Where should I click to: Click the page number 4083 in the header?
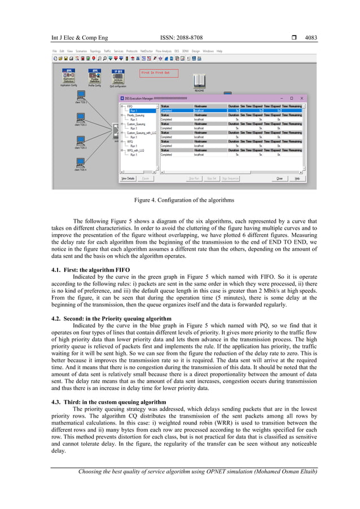[x=311, y=38]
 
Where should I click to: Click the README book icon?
[x=199, y=80]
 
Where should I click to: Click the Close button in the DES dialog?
[x=279, y=178]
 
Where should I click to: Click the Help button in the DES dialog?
[x=297, y=178]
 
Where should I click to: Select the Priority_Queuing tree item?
[x=137, y=115]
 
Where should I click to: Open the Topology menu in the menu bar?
[x=95, y=51]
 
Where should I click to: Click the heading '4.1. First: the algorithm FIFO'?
[x=91, y=270]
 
